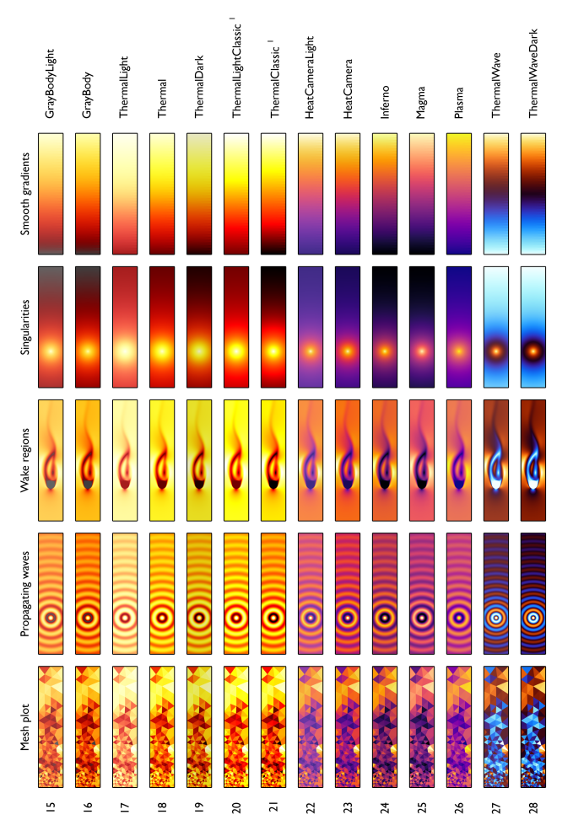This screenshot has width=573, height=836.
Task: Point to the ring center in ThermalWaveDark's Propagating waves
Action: [x=532, y=617]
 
